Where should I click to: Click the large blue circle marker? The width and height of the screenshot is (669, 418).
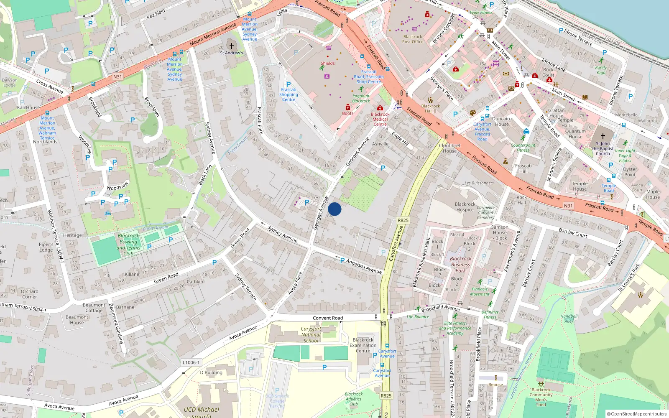[x=334, y=209]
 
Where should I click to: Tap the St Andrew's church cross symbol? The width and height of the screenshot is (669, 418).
[x=231, y=46]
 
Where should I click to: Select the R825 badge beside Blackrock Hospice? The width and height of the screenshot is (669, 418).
[x=403, y=220]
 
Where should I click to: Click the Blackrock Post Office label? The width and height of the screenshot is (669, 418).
[x=413, y=39]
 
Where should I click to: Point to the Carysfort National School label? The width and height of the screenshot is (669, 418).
[x=311, y=334]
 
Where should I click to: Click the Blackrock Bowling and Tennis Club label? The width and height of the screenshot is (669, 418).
[x=128, y=245]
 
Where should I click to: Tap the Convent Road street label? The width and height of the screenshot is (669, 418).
[x=328, y=318]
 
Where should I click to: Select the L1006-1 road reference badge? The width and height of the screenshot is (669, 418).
[x=191, y=362]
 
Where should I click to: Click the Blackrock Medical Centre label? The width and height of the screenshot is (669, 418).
[x=380, y=119]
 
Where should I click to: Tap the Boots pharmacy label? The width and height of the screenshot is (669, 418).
[x=347, y=113]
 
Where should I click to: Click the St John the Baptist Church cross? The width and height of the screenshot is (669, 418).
[x=603, y=136]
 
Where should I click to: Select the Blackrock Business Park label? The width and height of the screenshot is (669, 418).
[x=460, y=264]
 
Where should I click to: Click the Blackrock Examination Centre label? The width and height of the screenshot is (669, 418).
[x=363, y=345]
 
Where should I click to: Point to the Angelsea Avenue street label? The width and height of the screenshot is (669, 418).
[x=364, y=266]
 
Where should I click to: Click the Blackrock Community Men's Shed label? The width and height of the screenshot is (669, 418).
[x=541, y=397]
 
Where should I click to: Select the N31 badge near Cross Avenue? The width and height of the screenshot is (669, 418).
[x=117, y=76]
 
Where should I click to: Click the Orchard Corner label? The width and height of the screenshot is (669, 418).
[x=29, y=294]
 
